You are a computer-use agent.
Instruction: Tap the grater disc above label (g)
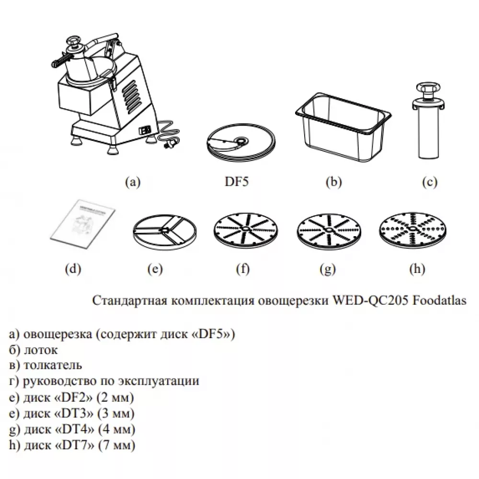click(327, 230)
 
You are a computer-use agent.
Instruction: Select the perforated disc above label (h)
click(411, 229)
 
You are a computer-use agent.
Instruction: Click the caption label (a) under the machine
click(132, 182)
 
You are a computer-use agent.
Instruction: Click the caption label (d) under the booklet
click(73, 269)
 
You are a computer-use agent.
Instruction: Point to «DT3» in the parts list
click(75, 413)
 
